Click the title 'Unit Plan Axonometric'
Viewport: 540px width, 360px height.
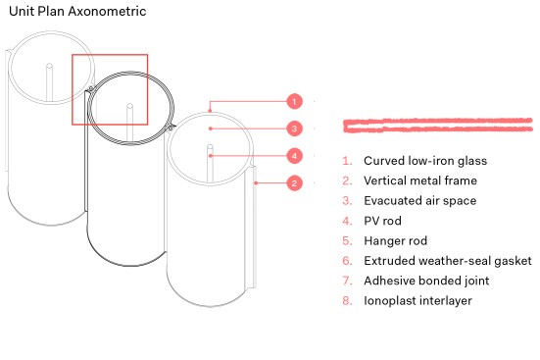coord(77,11)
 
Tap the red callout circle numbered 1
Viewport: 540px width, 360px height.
coord(294,102)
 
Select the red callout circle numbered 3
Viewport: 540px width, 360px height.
coord(294,129)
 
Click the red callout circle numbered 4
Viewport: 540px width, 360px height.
coord(294,156)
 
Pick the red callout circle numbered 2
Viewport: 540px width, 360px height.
coord(294,183)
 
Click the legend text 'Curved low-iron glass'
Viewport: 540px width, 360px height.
coord(425,161)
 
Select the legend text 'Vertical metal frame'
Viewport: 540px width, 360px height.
coord(420,180)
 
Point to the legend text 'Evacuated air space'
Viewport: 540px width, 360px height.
coord(420,201)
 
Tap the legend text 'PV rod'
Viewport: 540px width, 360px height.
coord(382,221)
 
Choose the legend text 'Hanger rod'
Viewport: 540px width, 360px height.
coord(395,240)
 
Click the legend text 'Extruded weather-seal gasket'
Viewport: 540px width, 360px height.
coord(448,261)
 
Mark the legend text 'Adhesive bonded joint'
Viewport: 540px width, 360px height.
coord(426,281)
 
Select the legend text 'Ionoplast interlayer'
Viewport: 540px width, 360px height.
coord(417,301)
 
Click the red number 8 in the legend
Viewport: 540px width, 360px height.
coord(347,301)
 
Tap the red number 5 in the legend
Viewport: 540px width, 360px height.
coord(347,240)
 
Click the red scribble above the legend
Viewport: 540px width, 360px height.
coord(438,126)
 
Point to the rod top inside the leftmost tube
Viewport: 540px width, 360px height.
coord(50,66)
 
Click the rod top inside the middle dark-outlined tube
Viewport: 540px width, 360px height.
coord(129,106)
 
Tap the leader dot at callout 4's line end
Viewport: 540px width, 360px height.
coord(211,156)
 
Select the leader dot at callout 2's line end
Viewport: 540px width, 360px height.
coord(256,183)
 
